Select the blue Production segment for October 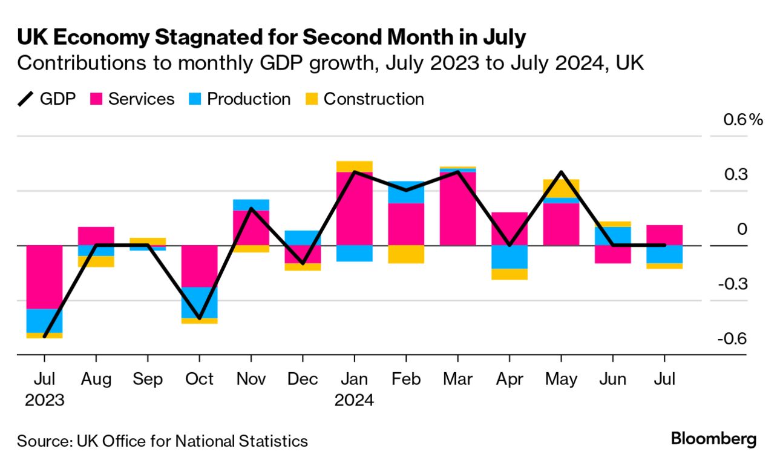coord(199,302)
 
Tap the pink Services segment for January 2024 coord(354,208)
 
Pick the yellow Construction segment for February coord(405,254)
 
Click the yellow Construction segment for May coord(561,188)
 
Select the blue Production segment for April coord(509,257)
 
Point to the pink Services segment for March coord(457,208)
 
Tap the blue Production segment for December coord(303,237)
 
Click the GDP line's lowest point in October coord(199,318)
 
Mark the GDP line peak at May coord(561,172)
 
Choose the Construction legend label coord(373,99)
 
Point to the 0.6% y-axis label coord(743,120)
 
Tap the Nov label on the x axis coord(251,379)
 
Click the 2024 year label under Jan coord(354,400)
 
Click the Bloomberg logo coord(713,439)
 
